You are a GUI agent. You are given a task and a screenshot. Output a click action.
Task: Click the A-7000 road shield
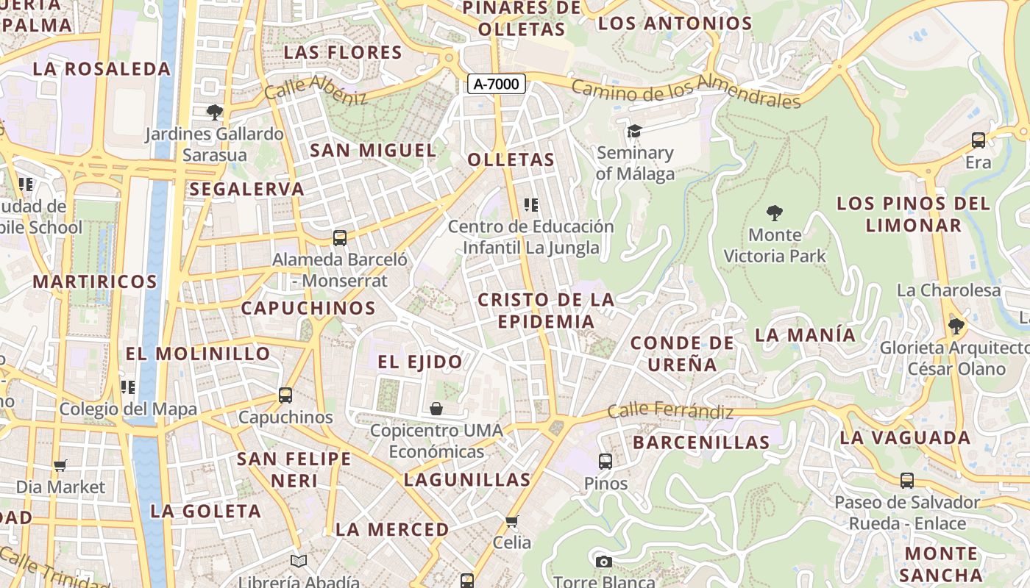click(x=497, y=84)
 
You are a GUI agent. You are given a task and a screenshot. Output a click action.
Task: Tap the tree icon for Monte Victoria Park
click(x=774, y=213)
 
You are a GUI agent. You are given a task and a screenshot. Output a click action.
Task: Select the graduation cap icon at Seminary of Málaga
click(x=634, y=131)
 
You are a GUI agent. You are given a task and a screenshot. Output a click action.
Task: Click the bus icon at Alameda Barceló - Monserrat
click(x=339, y=238)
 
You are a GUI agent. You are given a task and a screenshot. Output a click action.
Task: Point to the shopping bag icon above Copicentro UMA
click(x=436, y=408)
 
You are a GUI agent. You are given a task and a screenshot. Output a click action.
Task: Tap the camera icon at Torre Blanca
click(x=604, y=562)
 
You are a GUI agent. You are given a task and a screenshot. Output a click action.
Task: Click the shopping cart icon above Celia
click(x=512, y=521)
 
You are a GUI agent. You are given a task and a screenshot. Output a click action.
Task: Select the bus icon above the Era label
click(x=979, y=140)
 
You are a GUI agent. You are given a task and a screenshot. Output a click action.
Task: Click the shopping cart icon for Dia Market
click(x=60, y=465)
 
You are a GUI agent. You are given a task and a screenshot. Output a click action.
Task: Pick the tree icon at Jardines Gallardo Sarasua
click(x=215, y=112)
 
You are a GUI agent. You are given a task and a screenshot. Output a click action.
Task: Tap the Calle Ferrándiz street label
click(x=670, y=410)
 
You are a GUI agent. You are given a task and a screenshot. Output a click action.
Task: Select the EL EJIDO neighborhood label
click(x=420, y=362)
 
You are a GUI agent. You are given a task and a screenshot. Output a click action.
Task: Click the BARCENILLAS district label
click(x=701, y=442)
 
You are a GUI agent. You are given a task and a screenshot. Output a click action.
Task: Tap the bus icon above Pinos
click(x=605, y=462)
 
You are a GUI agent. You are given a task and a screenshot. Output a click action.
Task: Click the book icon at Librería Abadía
click(x=298, y=562)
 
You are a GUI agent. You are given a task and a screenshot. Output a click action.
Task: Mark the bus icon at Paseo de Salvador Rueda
click(x=907, y=481)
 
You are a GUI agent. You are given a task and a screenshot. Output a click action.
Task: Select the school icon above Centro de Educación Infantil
click(x=530, y=204)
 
